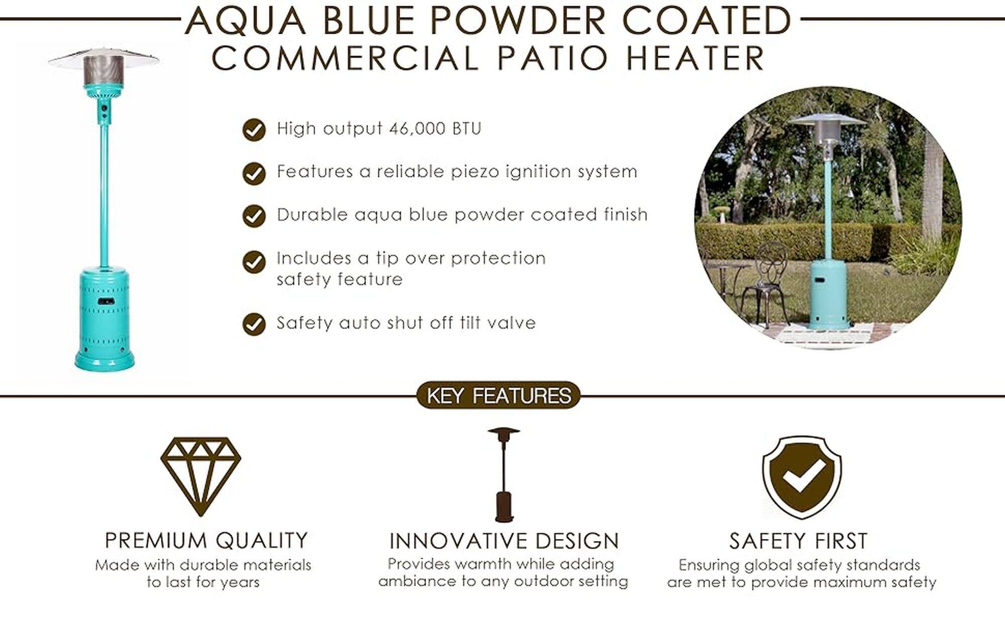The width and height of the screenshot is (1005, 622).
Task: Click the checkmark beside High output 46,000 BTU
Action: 254,130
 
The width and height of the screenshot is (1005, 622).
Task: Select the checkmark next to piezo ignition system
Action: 254,173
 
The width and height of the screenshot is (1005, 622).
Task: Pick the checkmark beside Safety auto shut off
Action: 254,324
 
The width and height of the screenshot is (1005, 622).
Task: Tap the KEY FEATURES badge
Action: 498,395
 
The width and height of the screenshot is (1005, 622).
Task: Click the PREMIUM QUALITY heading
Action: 206,541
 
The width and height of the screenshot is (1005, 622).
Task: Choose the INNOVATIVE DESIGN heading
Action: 504,541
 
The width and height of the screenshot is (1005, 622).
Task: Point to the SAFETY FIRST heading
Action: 798,541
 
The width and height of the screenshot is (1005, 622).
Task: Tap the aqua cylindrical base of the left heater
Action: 105,314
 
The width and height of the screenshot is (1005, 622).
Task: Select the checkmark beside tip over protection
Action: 254,262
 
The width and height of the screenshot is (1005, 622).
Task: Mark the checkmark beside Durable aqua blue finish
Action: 254,216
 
